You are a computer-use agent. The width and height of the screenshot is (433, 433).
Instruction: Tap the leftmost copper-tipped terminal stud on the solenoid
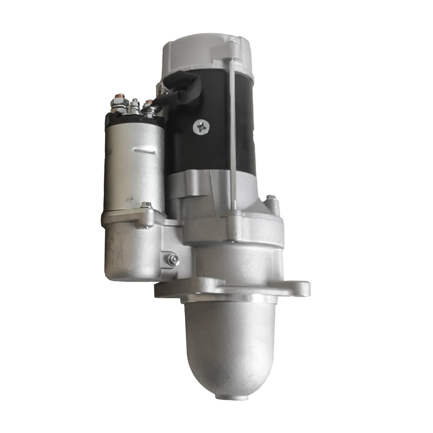coord(117,97)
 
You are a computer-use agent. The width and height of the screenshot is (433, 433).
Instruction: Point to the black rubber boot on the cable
coord(183,87)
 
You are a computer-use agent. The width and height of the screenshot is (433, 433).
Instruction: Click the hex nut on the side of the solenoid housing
coord(173,260)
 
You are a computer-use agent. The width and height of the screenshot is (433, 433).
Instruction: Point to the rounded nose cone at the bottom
coord(229,346)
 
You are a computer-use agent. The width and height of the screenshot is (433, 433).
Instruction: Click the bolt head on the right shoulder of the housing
coord(271,200)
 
